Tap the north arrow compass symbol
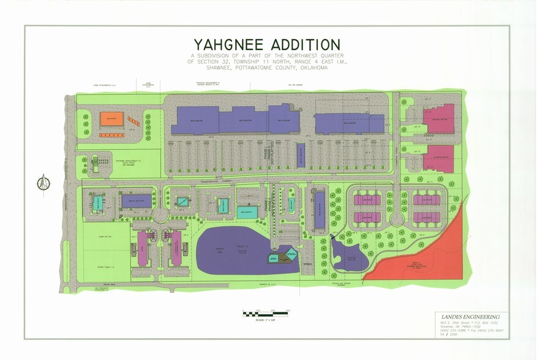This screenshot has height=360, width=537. click(x=43, y=181)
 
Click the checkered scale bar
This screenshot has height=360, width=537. click(x=266, y=313)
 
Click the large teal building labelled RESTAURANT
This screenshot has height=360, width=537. click(x=249, y=211)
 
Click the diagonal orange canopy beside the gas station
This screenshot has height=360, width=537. click(x=133, y=121)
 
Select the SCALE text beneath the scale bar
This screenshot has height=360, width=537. click(x=266, y=320)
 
